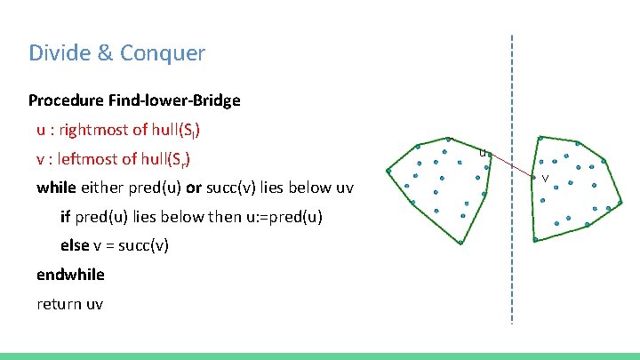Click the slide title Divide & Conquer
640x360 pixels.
[116, 53]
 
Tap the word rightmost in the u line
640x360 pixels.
[92, 130]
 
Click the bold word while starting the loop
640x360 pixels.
[56, 188]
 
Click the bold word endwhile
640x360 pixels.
[70, 275]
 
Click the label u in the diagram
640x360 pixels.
[482, 153]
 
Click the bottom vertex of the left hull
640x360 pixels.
[462, 243]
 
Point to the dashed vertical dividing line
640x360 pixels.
[512, 267]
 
